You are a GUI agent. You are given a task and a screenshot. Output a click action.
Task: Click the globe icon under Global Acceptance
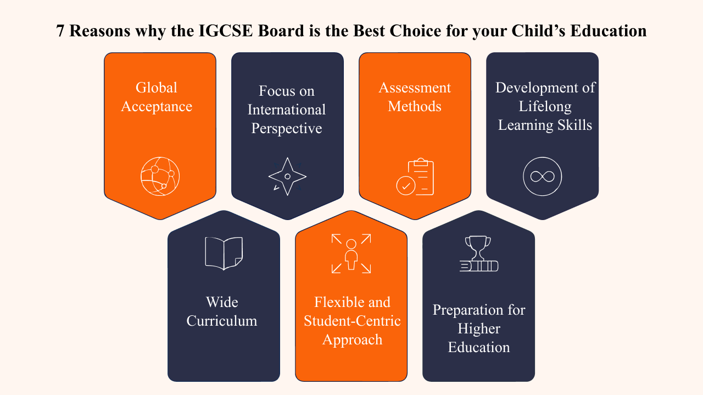(x=160, y=177)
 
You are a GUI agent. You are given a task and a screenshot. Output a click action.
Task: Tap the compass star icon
(x=287, y=177)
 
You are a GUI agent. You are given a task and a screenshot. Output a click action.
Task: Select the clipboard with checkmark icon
(x=415, y=177)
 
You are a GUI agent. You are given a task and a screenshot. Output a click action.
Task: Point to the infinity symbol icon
(x=542, y=177)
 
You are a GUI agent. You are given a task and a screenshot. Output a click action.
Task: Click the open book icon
(x=224, y=254)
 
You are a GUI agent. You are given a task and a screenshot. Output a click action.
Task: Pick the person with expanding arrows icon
(x=351, y=254)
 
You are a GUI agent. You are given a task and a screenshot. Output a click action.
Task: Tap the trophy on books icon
(x=478, y=254)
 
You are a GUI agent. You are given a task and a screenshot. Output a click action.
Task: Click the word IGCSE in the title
(x=226, y=31)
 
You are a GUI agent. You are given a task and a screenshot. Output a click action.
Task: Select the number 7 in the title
(x=60, y=31)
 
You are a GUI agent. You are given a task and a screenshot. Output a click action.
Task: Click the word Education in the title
(x=608, y=31)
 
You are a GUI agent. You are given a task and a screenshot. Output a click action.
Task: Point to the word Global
(x=157, y=87)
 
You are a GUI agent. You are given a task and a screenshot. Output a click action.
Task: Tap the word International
(x=287, y=110)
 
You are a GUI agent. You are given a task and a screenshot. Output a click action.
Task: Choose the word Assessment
(x=415, y=87)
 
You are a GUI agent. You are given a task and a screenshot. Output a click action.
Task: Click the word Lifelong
(x=545, y=107)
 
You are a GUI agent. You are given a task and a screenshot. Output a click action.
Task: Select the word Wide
(x=222, y=302)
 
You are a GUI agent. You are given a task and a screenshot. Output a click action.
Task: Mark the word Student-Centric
(x=352, y=321)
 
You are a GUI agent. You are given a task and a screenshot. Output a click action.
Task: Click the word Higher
(x=478, y=329)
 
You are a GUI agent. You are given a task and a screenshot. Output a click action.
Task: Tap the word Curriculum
(x=221, y=321)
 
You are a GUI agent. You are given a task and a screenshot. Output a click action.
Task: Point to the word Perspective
(x=287, y=129)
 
